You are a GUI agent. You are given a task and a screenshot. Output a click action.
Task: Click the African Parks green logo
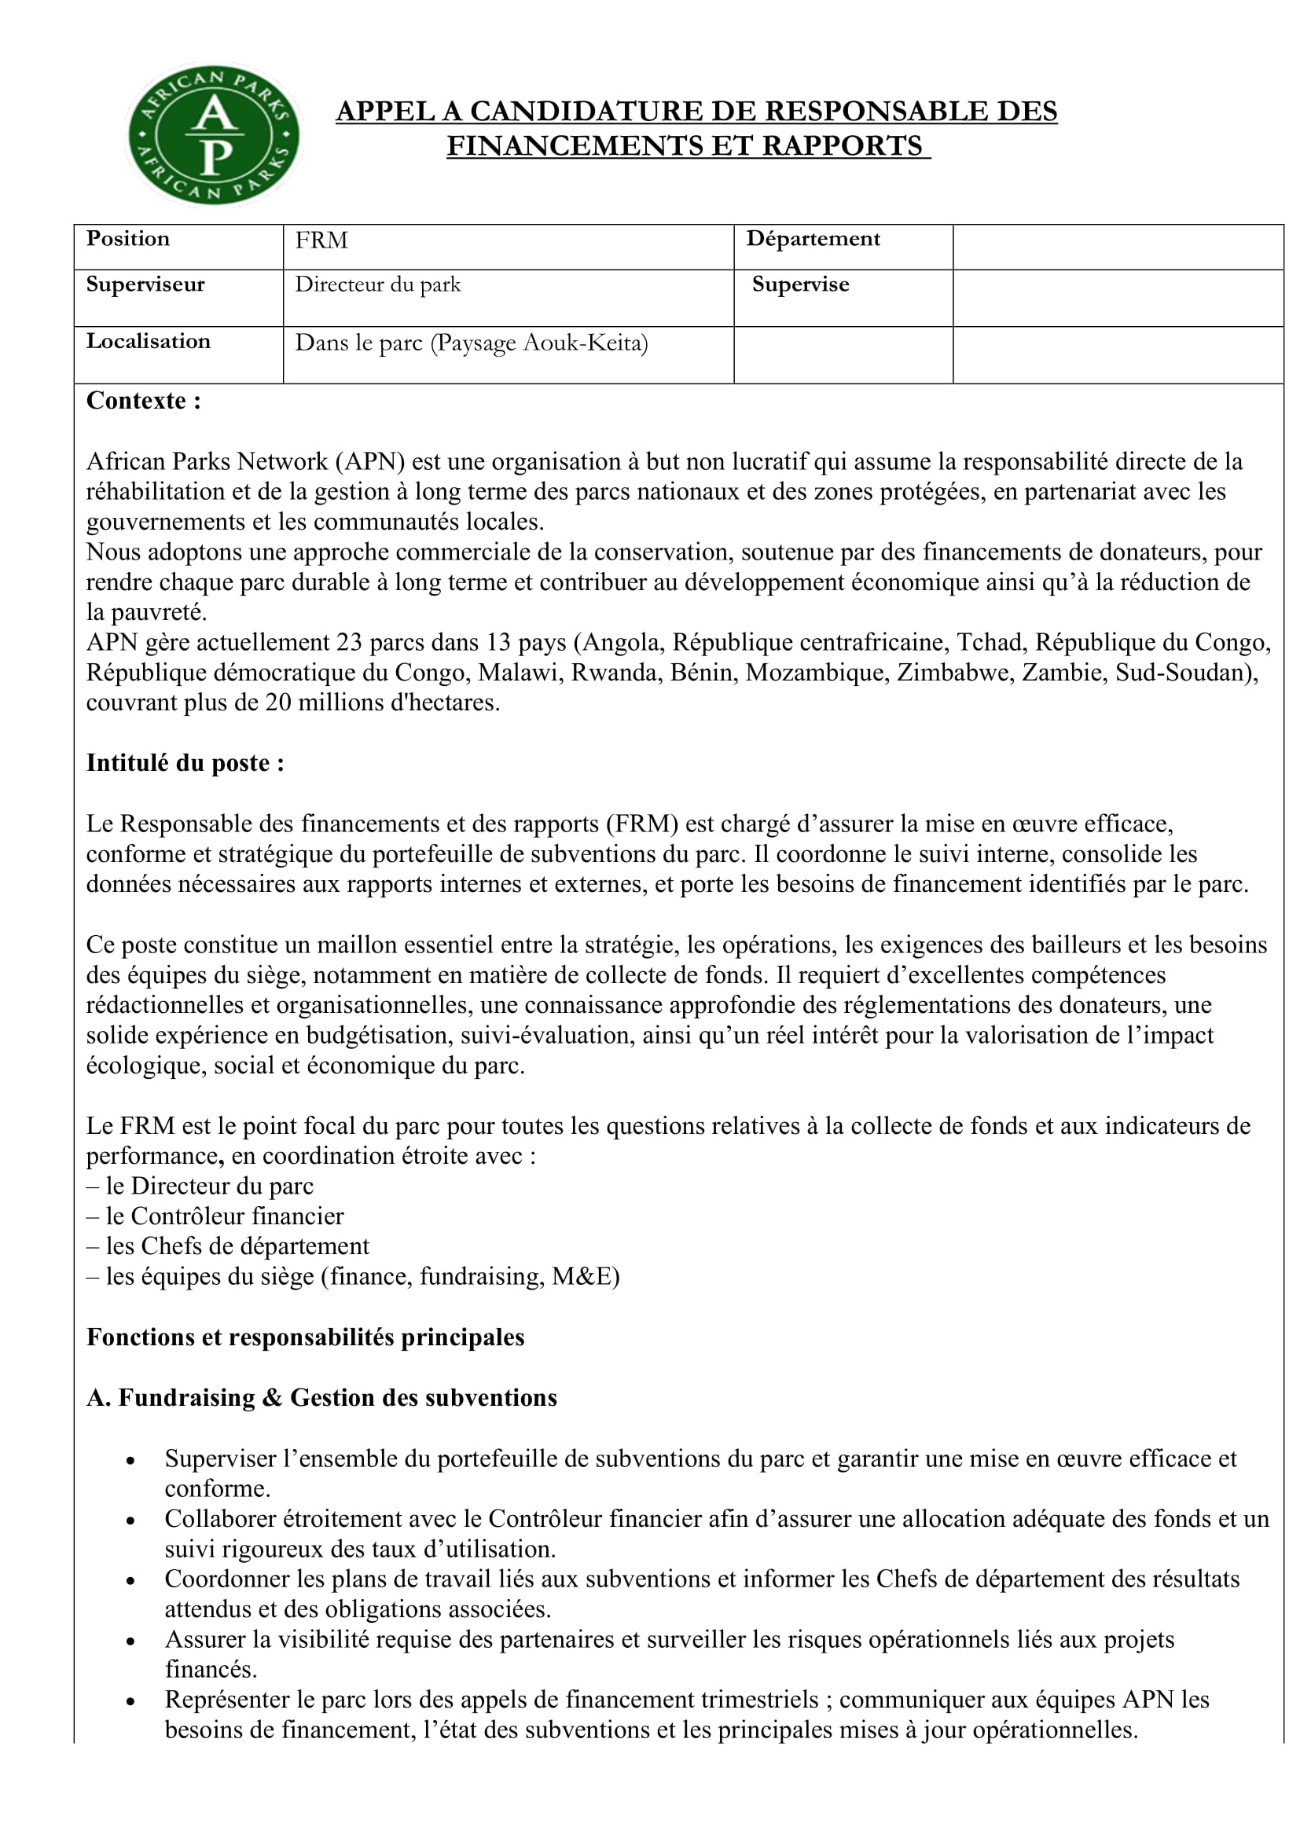(x=214, y=134)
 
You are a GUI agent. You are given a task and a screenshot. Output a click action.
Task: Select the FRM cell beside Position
(x=321, y=241)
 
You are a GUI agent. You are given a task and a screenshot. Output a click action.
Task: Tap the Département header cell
(x=813, y=239)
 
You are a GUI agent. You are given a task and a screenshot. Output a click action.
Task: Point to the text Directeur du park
(x=378, y=284)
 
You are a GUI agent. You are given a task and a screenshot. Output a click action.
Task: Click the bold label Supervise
(x=799, y=284)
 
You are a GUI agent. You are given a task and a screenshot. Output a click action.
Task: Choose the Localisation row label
(x=148, y=341)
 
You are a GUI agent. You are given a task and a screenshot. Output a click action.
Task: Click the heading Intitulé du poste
(x=185, y=763)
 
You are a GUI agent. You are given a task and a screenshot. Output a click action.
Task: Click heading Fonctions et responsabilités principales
(x=305, y=1337)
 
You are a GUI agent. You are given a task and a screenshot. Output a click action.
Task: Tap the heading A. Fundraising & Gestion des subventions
(x=321, y=1398)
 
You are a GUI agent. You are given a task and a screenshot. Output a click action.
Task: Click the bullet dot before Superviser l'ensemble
(x=130, y=1460)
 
